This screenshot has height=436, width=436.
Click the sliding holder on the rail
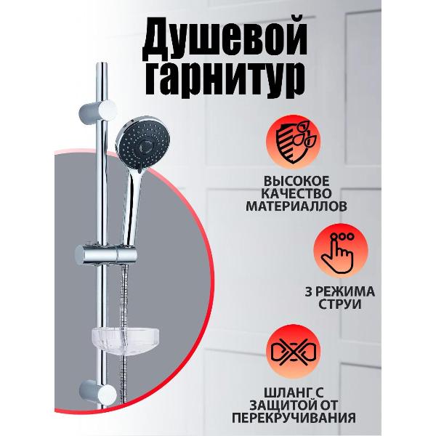click(x=106, y=257)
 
